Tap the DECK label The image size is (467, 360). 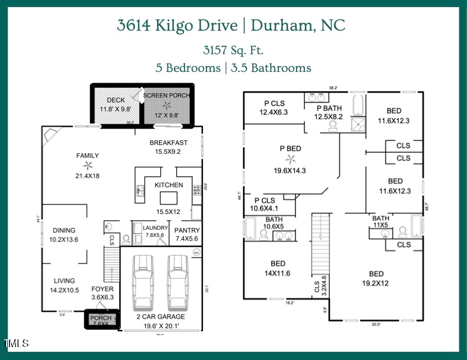click(116, 100)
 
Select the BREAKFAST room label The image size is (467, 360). click(168, 143)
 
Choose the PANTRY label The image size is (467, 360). click(188, 230)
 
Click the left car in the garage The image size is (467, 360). click(143, 282)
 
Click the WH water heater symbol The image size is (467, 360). click(196, 253)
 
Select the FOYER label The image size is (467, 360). click(102, 289)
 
